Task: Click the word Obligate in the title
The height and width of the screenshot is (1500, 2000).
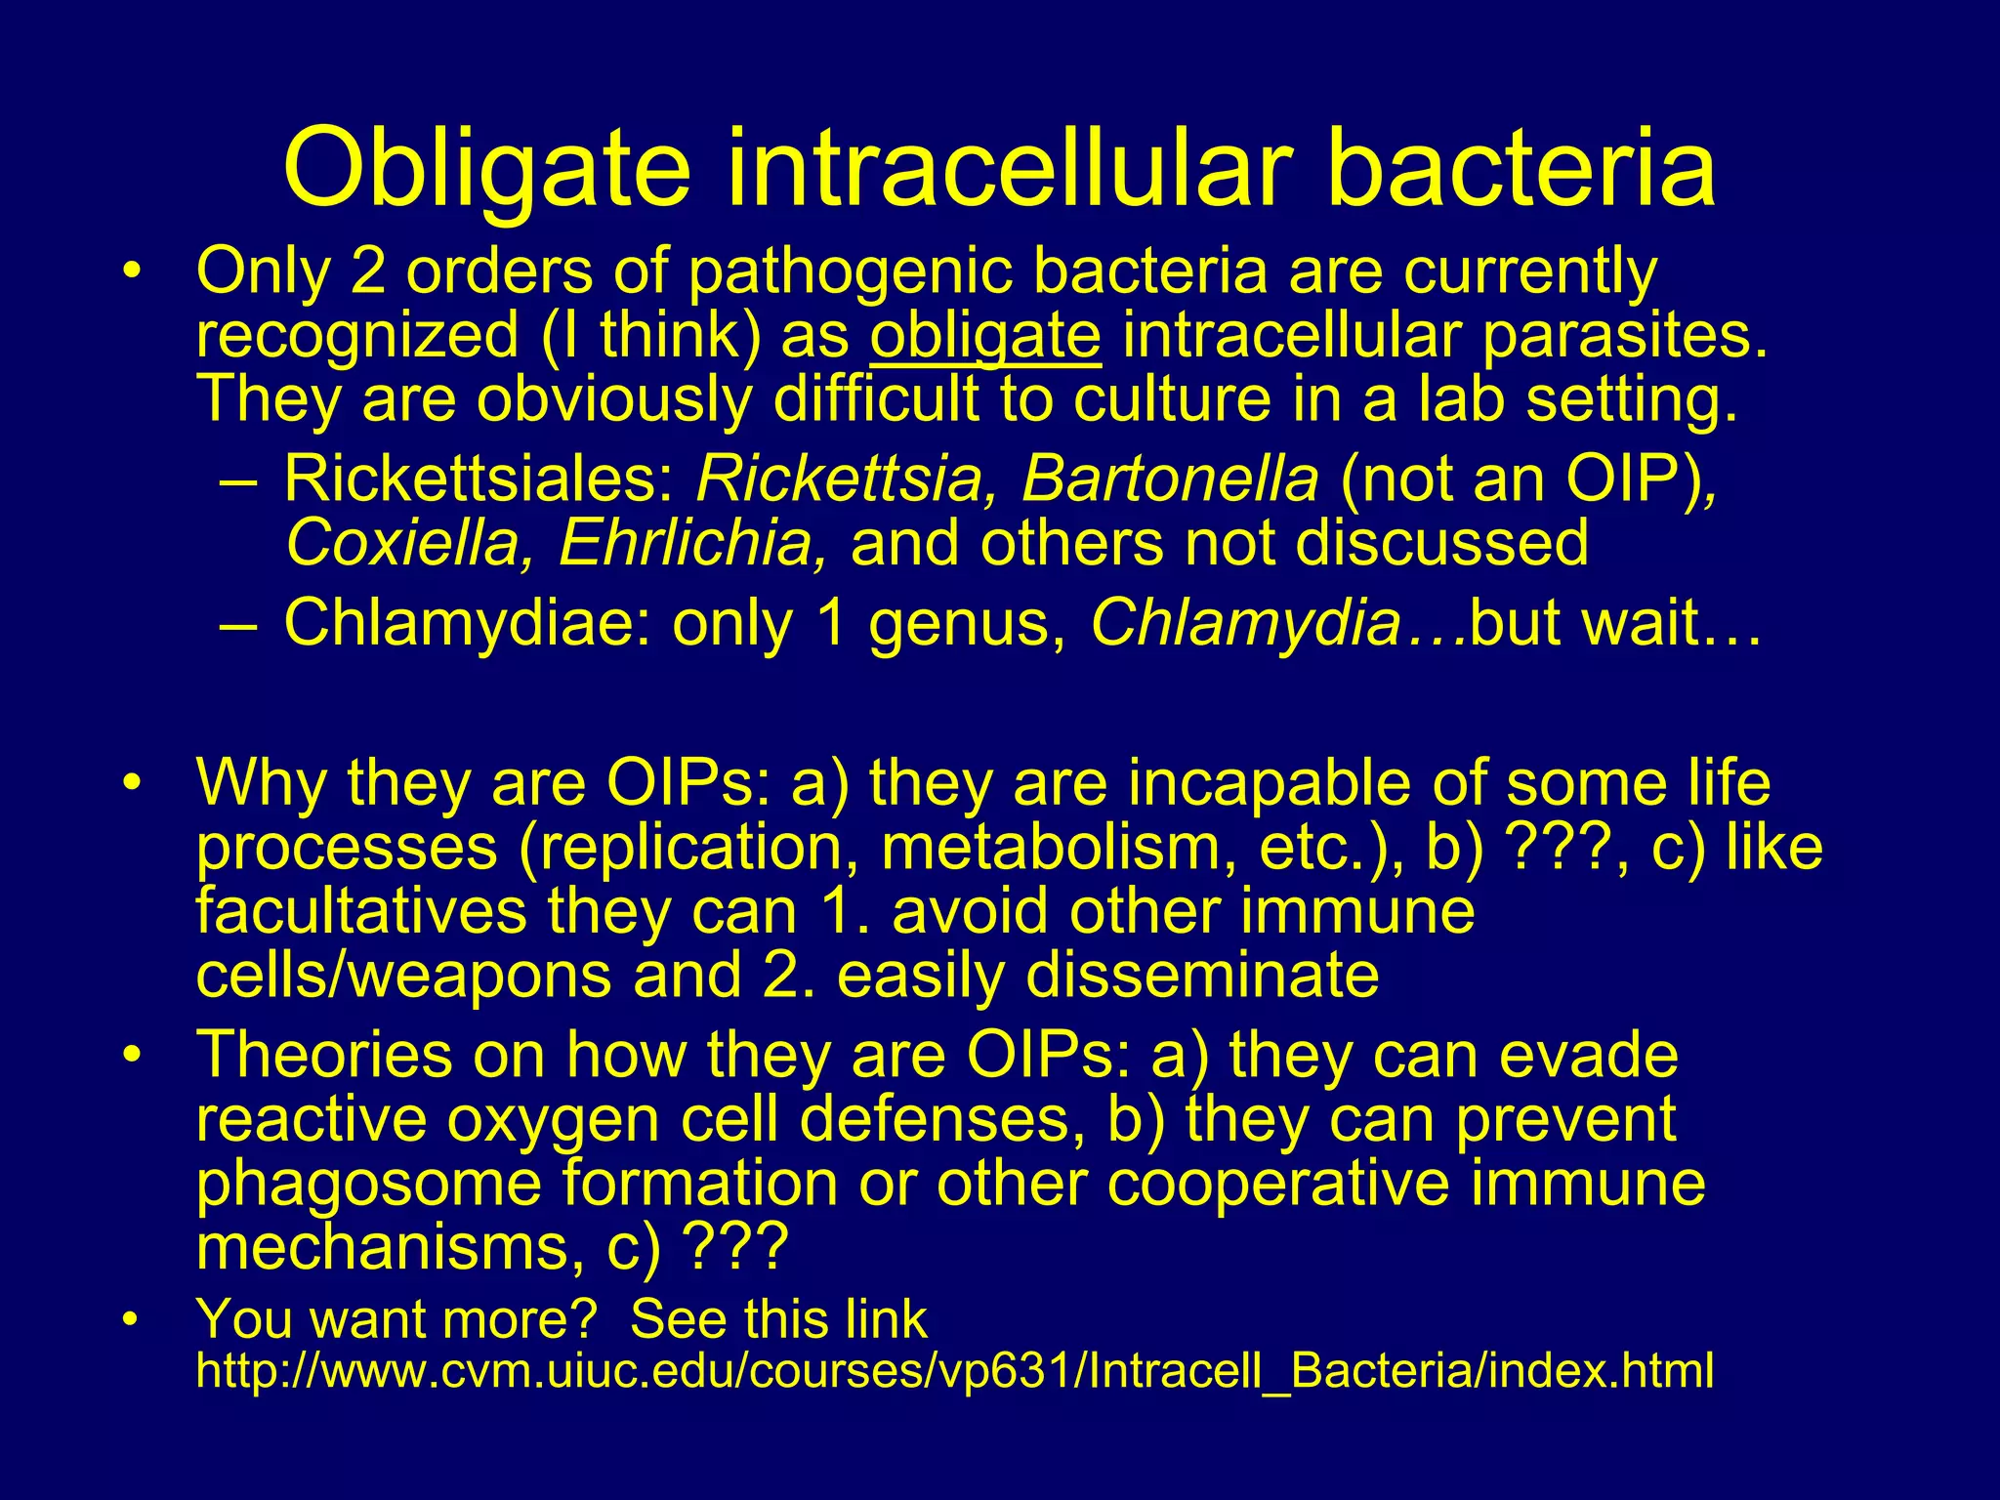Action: (x=487, y=168)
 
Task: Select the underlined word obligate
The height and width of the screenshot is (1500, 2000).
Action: (x=985, y=336)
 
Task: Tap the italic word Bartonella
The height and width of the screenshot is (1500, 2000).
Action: (x=1170, y=479)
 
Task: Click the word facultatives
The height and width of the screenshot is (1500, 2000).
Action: (x=360, y=911)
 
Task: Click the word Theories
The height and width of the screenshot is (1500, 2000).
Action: (x=324, y=1055)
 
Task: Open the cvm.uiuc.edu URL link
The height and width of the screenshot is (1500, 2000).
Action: (x=954, y=1371)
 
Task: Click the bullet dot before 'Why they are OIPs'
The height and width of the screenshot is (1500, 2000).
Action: (x=133, y=783)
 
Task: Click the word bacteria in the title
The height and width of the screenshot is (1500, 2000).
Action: (x=1521, y=168)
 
